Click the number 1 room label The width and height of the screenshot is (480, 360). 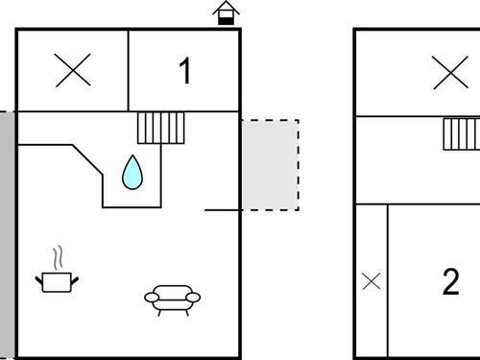tap(184, 70)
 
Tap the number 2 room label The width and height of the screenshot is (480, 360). tap(450, 282)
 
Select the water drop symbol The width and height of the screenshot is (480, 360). tap(132, 172)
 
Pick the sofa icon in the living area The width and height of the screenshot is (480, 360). tap(172, 298)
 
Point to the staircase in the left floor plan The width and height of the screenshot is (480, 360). tap(160, 127)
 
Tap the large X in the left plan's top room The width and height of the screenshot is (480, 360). tap(73, 70)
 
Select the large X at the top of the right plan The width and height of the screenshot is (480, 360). tap(449, 72)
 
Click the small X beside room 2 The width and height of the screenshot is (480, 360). tap(371, 281)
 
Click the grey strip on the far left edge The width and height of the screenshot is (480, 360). tap(7, 230)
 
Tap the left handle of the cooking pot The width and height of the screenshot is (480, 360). tap(39, 278)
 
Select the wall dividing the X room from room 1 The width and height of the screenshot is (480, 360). tap(129, 70)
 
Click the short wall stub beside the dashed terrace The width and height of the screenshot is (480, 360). tap(222, 209)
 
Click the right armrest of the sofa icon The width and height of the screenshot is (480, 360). tap(194, 298)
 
